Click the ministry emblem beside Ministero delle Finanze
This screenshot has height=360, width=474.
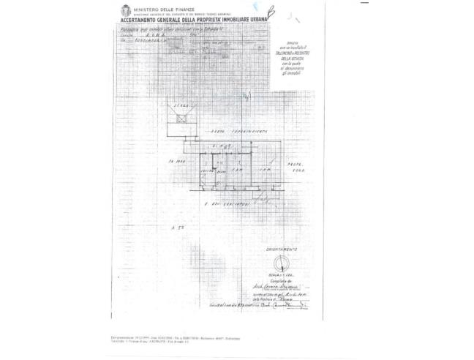pos(125,11)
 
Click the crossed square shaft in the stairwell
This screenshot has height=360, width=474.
pos(178,121)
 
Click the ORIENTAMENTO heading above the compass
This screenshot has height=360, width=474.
pos(281,250)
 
